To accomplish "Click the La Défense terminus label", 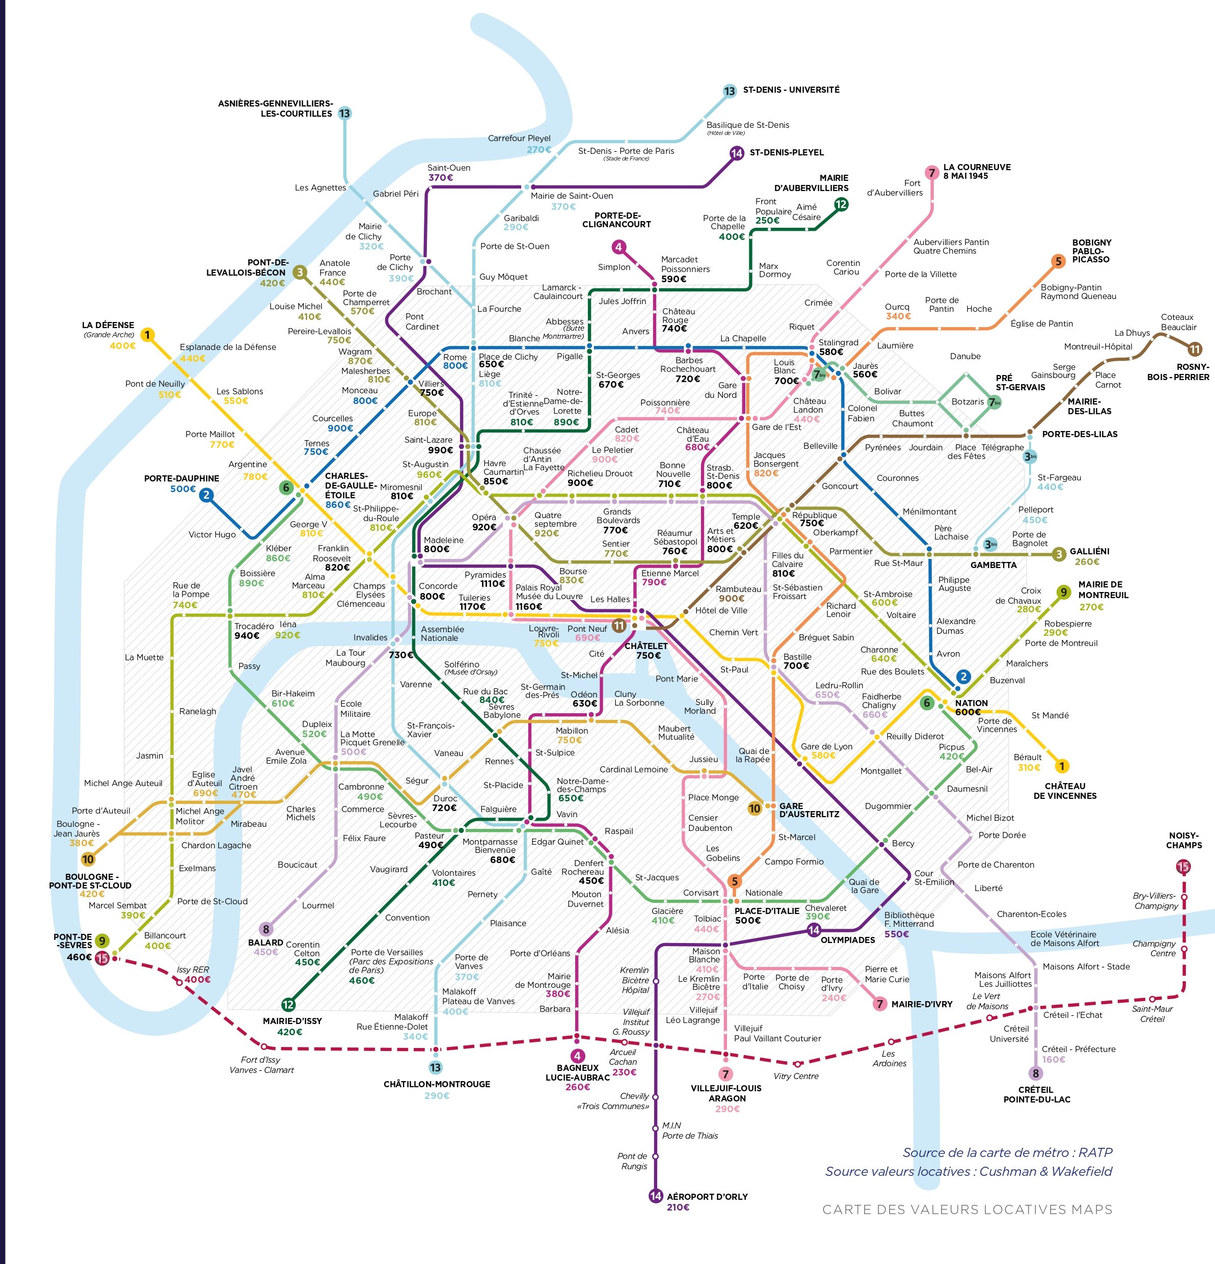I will coord(107,325).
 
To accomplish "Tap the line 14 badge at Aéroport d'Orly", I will coord(655,1196).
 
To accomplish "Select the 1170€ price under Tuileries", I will coord(473,607).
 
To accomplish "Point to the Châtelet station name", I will coord(645,646).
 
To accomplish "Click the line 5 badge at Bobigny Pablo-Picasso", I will coord(1058,261).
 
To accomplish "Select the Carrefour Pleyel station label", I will coord(519,138).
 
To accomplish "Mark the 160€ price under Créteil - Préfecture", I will coord(1054,1060).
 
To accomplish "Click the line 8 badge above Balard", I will coord(266,929).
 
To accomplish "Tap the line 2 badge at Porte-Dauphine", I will coord(206,495).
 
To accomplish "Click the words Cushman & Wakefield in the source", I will coord(1045,1171).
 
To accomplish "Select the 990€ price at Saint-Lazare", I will coord(441,450).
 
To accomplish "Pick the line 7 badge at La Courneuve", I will coord(931,173).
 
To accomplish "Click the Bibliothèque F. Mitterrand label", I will coord(909,919).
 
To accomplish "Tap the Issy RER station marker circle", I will coord(179,982).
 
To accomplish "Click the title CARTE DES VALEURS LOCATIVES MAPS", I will coord(967,1210).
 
